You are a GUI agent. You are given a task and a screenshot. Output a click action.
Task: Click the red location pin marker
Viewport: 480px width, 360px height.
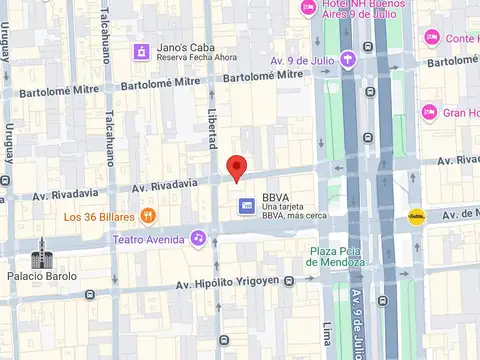click(236, 168)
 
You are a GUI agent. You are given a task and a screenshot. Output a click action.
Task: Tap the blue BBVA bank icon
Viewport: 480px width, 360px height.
click(246, 206)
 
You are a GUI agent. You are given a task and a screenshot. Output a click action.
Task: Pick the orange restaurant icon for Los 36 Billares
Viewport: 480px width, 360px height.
click(148, 215)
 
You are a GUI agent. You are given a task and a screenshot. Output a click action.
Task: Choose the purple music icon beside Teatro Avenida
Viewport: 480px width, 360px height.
click(199, 238)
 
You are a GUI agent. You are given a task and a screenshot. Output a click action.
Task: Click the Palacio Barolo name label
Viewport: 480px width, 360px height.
click(42, 276)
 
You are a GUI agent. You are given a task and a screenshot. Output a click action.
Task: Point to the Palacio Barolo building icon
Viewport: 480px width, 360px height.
click(42, 258)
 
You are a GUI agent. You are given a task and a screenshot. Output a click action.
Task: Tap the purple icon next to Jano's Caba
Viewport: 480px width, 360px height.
click(142, 50)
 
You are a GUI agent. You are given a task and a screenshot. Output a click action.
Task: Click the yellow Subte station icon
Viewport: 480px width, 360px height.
click(416, 216)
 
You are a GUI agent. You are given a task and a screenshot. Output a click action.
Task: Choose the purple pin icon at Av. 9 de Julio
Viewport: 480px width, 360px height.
click(348, 58)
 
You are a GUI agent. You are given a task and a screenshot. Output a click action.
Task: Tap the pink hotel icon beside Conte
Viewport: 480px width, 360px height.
click(432, 38)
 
